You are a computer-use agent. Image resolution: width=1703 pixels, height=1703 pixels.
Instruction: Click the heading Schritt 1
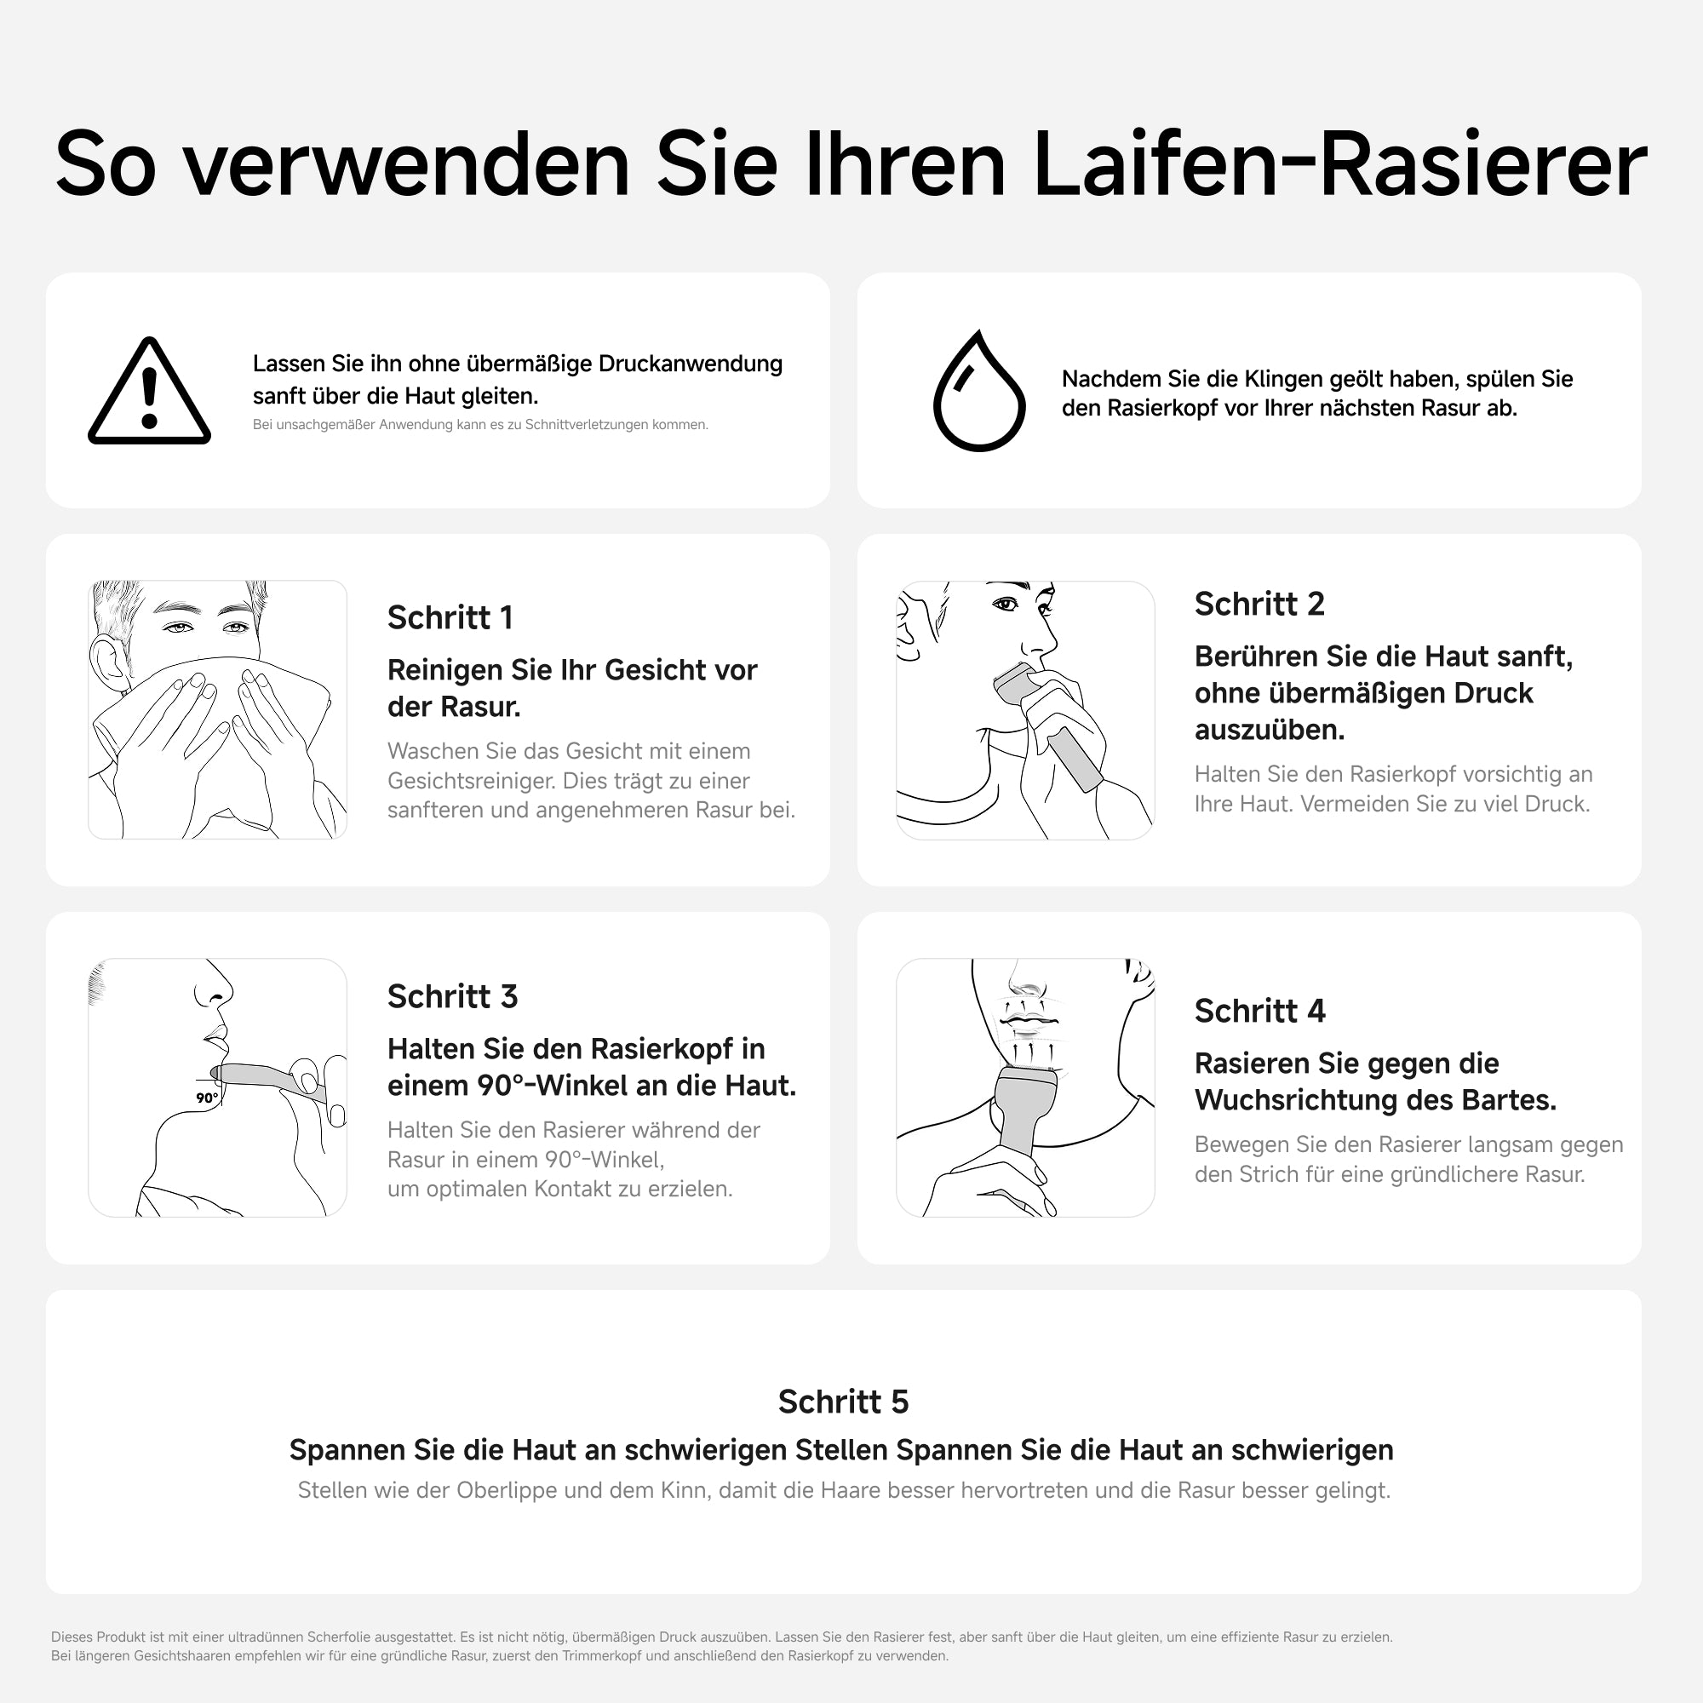point(450,618)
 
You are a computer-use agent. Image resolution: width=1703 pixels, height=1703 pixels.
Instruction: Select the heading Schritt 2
point(1259,604)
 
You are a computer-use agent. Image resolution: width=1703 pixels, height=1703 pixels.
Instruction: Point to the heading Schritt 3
point(452,996)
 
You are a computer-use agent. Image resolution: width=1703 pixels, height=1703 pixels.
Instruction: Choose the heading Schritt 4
point(1259,1011)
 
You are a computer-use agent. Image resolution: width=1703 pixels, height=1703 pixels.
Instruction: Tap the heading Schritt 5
point(843,1402)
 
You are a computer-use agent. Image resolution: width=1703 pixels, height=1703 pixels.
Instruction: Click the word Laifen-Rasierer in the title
point(1339,165)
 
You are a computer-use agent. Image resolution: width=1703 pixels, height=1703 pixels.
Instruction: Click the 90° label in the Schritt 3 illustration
point(207,1098)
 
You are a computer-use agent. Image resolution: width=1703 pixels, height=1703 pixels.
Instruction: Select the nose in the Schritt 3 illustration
point(215,984)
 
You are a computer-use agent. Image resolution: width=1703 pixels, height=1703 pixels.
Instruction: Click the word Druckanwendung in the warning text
point(691,364)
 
